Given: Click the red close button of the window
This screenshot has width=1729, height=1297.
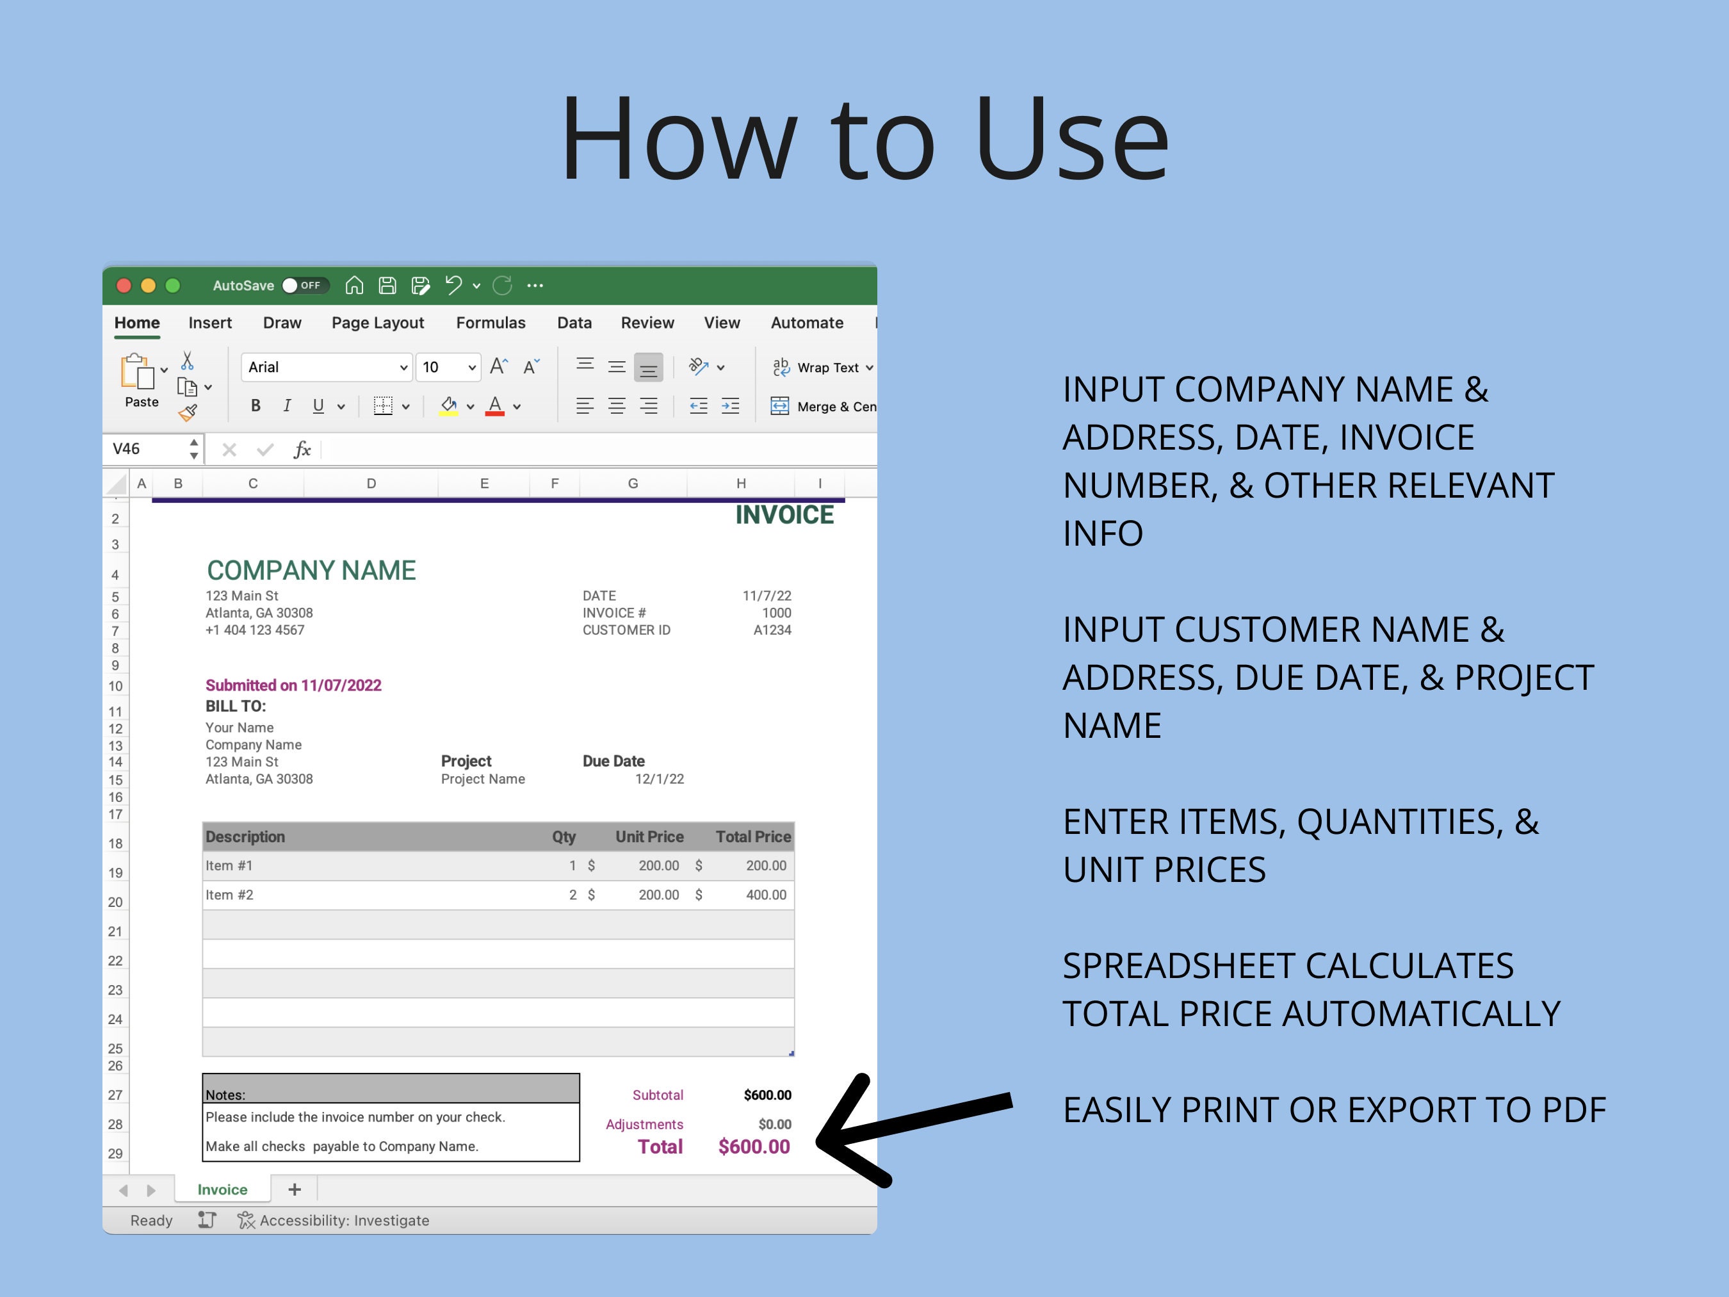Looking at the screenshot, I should tap(124, 286).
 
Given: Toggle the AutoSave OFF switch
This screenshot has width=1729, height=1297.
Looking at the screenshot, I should tap(304, 286).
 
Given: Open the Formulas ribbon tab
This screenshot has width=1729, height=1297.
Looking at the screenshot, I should tap(490, 323).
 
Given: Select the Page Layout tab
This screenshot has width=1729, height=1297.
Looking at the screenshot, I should tap(378, 323).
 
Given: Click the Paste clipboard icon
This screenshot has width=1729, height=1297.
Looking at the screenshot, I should tap(138, 372).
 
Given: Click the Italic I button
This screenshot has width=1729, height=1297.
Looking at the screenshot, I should tap(287, 405).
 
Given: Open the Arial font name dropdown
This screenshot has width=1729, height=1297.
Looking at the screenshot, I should tap(403, 368).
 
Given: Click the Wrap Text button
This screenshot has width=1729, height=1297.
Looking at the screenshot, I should tap(822, 368).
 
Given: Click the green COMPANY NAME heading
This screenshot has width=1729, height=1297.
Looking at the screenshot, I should tap(311, 571).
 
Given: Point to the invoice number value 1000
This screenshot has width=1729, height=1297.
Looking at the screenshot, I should tap(776, 613).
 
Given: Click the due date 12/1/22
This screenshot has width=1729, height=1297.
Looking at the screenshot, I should tap(659, 779).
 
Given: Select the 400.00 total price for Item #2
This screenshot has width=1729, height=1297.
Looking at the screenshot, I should tap(765, 895).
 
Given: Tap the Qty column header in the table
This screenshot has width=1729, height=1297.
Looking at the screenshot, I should tap(564, 837).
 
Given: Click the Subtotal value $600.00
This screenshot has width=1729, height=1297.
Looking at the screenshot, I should tap(767, 1095).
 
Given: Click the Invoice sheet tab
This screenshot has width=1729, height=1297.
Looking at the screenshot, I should tap(222, 1190).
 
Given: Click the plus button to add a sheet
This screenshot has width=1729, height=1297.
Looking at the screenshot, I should tap(295, 1190).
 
